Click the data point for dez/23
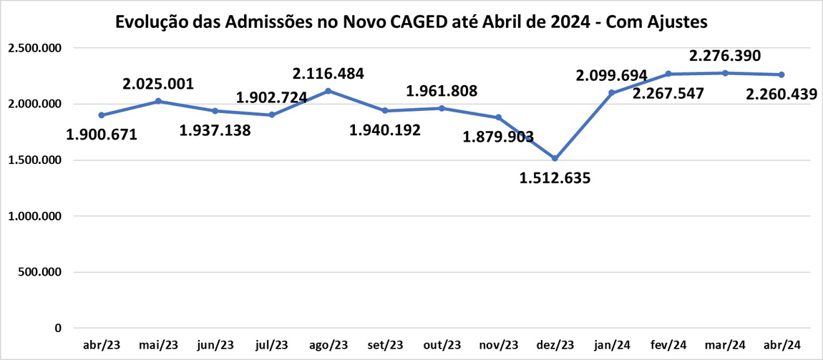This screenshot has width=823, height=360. coord(555,158)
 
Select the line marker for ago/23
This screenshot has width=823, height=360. coord(328,91)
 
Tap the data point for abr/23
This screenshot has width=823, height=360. coord(102,115)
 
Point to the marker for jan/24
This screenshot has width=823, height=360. coord(611,93)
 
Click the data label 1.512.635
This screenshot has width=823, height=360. coord(555,178)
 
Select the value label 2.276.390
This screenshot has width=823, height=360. coord(724,55)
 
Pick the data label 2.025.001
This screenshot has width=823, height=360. coord(158,84)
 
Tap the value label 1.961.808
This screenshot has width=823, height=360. coord(442,91)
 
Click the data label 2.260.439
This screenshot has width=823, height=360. coord(781,94)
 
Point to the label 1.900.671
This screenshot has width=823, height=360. coord(101,135)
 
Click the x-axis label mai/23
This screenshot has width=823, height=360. coord(158,344)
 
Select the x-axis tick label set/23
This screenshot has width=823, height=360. coord(384,344)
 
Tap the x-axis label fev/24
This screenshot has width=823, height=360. coord(668,344)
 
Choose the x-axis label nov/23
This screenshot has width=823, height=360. coord(498,344)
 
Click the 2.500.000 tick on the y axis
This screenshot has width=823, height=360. coord(35,48)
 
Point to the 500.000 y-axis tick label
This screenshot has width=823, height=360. coord(41,272)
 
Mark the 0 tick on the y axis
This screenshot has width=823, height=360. coord(57,328)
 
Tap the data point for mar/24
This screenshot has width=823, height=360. coord(724,73)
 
